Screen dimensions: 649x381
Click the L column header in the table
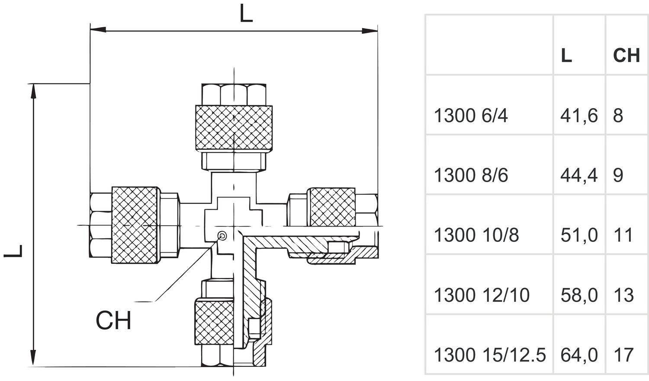[566, 56]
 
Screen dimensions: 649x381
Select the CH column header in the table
[627, 56]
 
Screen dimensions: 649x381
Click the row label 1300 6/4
[471, 115]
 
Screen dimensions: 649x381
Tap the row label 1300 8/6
[471, 176]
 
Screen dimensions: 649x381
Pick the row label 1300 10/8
[476, 235]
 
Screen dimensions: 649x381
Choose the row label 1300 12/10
[482, 295]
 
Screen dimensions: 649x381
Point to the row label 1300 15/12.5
[490, 355]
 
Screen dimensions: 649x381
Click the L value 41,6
[579, 116]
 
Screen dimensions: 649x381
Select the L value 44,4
[579, 176]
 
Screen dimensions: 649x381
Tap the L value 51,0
[579, 235]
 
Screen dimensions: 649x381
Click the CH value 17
[623, 355]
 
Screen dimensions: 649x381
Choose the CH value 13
[623, 295]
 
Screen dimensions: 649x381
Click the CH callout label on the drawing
[113, 320]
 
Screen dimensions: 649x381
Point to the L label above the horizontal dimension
[246, 13]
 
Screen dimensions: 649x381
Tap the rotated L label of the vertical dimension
[13, 251]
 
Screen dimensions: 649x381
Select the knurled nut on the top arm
[234, 128]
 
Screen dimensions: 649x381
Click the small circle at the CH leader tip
[222, 235]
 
